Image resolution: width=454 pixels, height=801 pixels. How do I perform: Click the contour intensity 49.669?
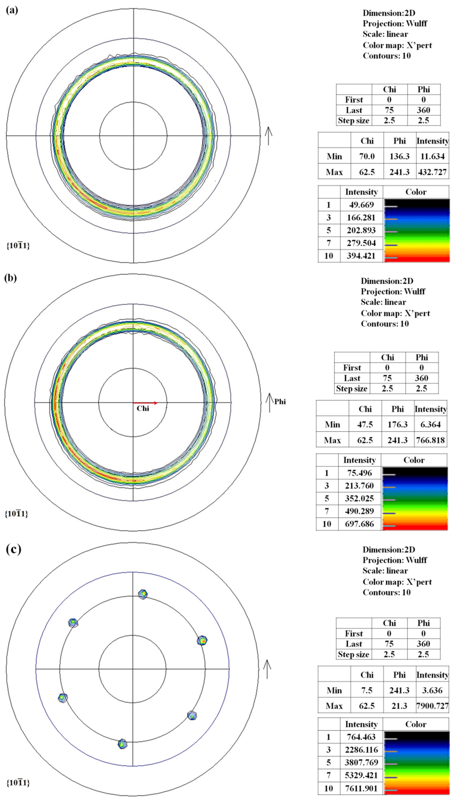(361, 205)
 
